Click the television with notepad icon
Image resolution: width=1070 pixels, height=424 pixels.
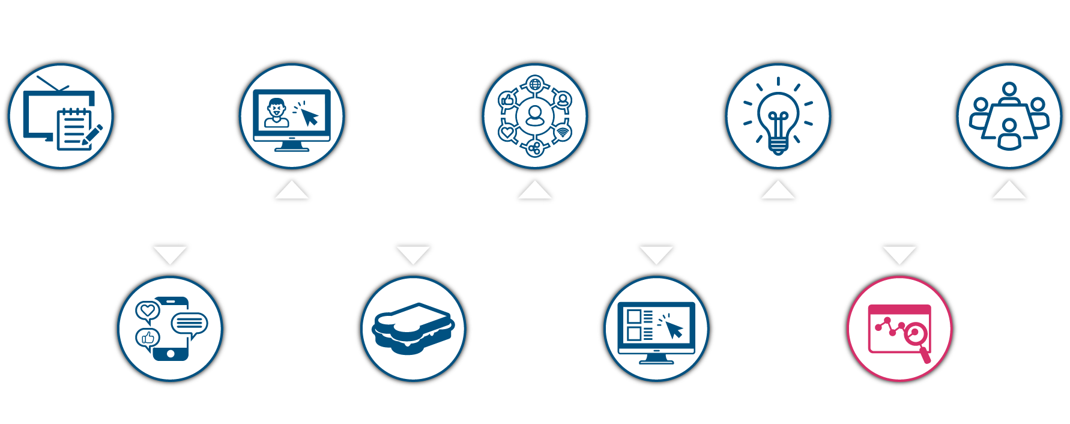60,117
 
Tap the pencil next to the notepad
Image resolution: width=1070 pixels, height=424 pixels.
93,134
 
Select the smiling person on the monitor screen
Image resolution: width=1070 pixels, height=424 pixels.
276,112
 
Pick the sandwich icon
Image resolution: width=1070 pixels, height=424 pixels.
413,329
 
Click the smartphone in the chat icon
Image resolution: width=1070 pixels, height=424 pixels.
171,329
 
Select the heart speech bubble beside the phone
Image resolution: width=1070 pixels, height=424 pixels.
147,311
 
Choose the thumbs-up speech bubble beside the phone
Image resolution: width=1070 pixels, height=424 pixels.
147,338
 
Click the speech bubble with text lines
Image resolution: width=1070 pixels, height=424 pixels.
190,324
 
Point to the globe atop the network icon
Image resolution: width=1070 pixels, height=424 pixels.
534,83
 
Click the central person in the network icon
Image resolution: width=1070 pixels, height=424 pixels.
534,115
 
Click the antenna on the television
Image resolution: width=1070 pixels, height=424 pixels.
53,84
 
